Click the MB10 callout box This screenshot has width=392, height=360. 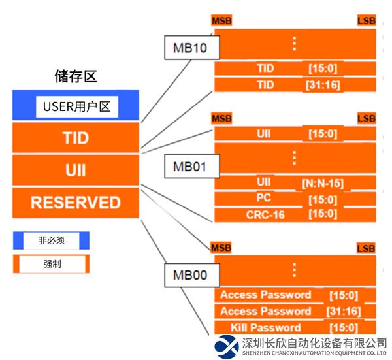pyautogui.click(x=191, y=48)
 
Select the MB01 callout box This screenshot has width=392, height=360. pyautogui.click(x=189, y=166)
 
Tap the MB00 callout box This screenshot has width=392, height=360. pyautogui.click(x=189, y=275)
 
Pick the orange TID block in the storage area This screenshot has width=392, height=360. pyautogui.click(x=76, y=139)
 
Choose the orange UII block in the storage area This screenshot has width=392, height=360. pyautogui.click(x=76, y=171)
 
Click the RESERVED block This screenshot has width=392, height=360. pyautogui.click(x=76, y=202)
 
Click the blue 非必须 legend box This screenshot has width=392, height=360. pyautogui.click(x=51, y=240)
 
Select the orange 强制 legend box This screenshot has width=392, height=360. pyautogui.click(x=51, y=264)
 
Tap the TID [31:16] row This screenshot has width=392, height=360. pyautogui.click(x=295, y=85)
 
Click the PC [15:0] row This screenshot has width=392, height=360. pyautogui.click(x=295, y=199)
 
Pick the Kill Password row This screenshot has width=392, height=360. pyautogui.click(x=295, y=327)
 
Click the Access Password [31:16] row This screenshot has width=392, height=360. pyautogui.click(x=295, y=311)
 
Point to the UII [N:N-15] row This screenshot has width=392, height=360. pyautogui.click(x=295, y=182)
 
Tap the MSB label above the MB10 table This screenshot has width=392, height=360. pyautogui.click(x=222, y=22)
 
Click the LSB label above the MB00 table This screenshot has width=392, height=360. pyautogui.click(x=366, y=248)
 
